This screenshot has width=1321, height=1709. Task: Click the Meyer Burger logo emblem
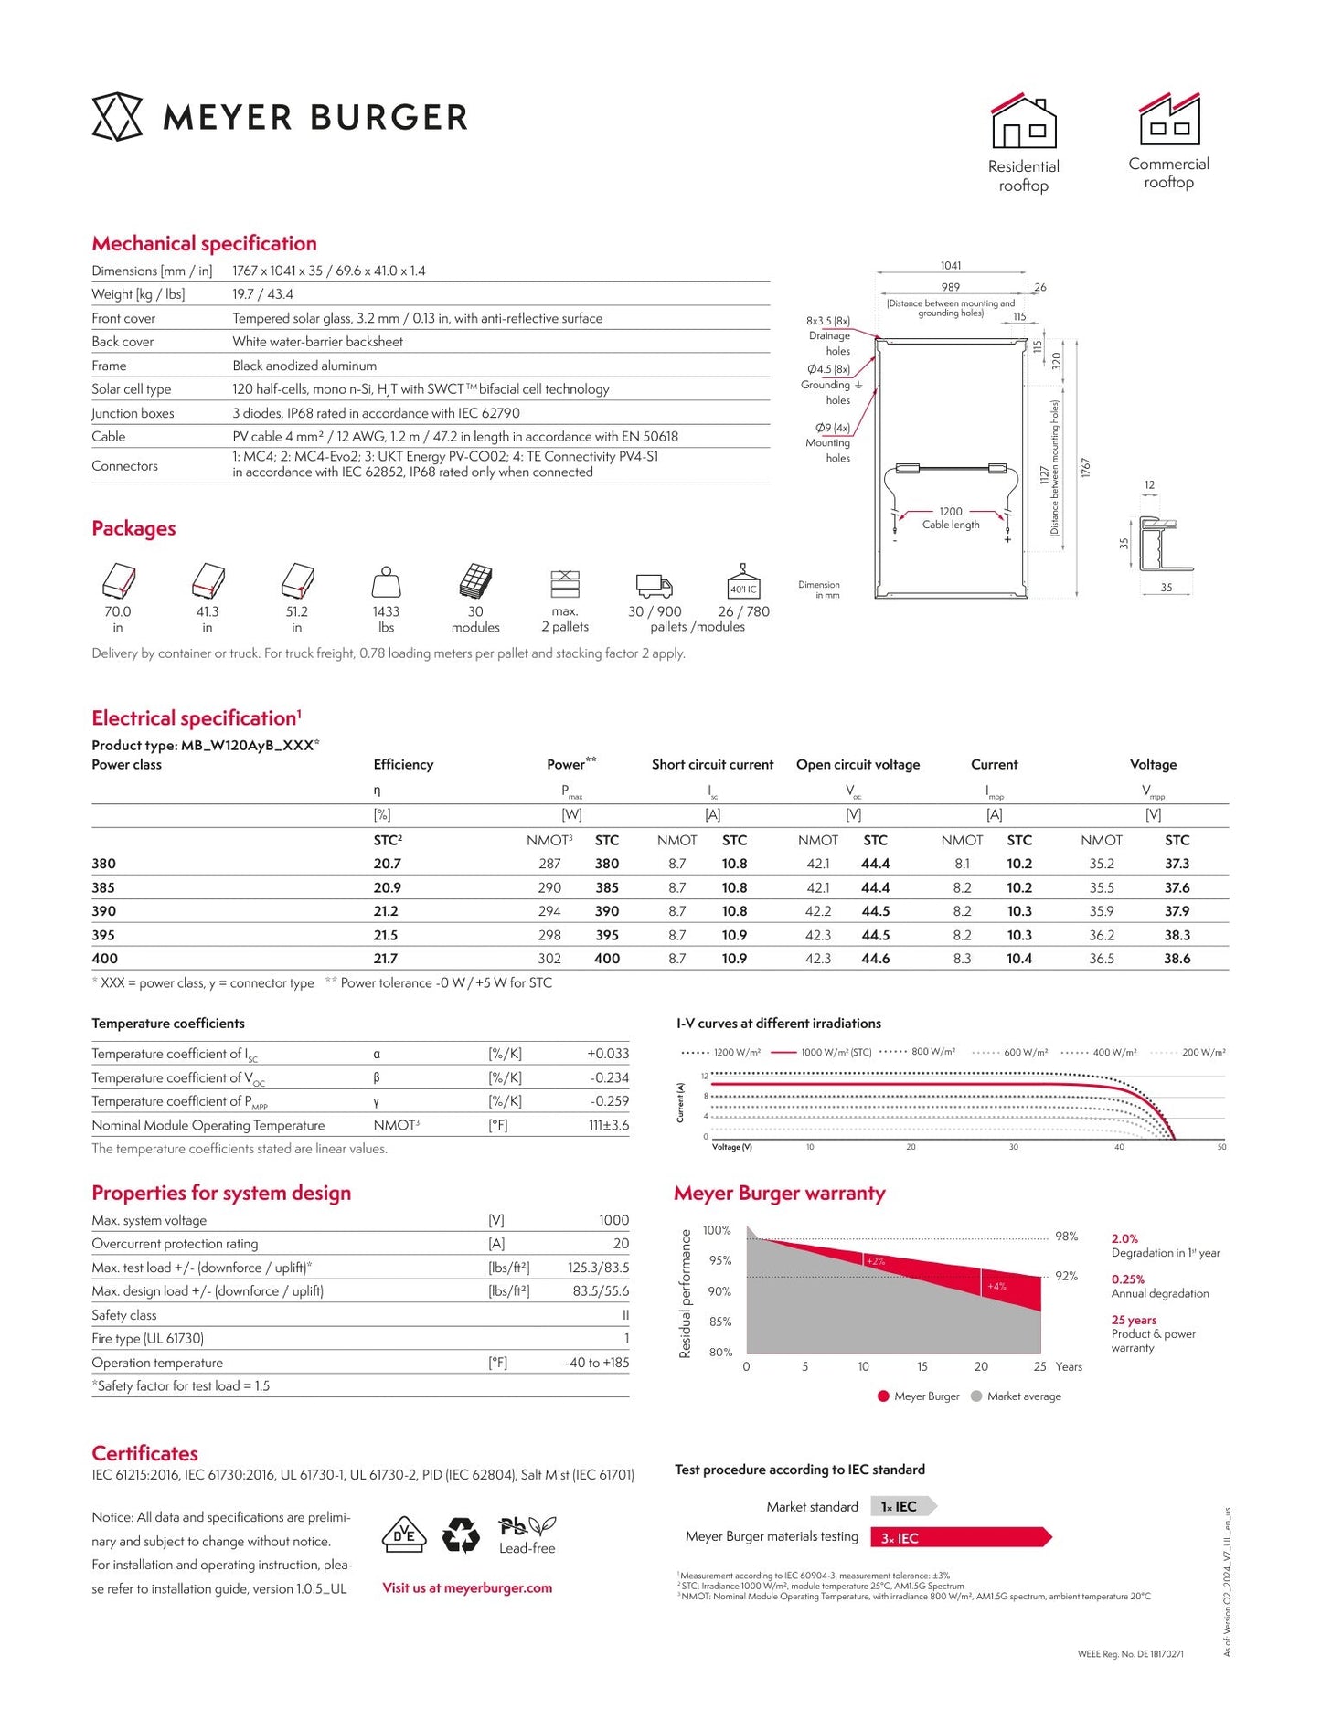(x=117, y=117)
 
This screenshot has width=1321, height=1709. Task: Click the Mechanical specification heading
(x=204, y=243)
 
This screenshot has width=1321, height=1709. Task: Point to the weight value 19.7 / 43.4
(x=262, y=294)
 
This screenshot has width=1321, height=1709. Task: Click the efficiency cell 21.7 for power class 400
(x=386, y=959)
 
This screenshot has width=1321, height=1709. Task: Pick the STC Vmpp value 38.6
(x=1177, y=959)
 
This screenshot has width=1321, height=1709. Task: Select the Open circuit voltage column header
(x=858, y=764)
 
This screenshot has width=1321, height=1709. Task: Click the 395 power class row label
(x=103, y=935)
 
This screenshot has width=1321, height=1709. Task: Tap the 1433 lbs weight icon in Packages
(x=386, y=582)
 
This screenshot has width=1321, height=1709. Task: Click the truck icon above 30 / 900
(x=654, y=585)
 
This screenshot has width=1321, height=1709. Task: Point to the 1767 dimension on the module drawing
(x=1086, y=468)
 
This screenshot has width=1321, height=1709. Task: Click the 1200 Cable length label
(x=951, y=518)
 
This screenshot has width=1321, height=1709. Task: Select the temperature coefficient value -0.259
(x=609, y=1101)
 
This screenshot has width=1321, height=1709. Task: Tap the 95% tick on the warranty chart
(x=720, y=1260)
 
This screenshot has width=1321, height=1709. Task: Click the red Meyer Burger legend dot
(x=883, y=1396)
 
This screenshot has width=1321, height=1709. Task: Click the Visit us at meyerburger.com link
(x=467, y=1587)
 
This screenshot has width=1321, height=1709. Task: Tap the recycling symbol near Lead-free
(x=461, y=1535)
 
